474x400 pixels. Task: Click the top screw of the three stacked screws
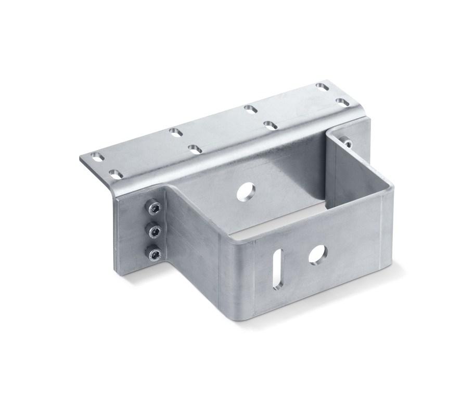click(153, 208)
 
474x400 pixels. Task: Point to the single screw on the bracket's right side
click(347, 142)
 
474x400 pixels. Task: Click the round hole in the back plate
click(246, 192)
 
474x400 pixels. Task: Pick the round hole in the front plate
click(317, 254)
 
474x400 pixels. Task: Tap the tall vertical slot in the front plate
click(278, 269)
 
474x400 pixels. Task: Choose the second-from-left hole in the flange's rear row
click(176, 132)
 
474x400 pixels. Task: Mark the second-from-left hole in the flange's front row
click(195, 149)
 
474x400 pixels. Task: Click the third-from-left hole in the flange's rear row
click(250, 109)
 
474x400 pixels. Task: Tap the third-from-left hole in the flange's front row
click(270, 125)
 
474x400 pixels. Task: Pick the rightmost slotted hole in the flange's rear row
click(323, 86)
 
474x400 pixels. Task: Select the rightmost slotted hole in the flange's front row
click(342, 102)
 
